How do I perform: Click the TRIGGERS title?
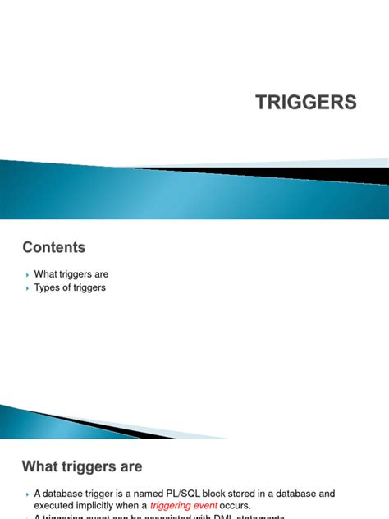point(306,102)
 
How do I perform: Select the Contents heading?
point(53,246)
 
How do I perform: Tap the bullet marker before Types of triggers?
point(27,288)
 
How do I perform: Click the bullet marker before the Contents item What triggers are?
point(27,274)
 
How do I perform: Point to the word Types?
point(48,288)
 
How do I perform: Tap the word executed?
point(55,506)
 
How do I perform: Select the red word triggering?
point(173,506)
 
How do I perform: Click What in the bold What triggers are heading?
point(43,466)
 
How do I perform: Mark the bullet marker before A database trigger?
point(27,494)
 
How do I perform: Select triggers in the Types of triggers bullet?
point(89,288)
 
